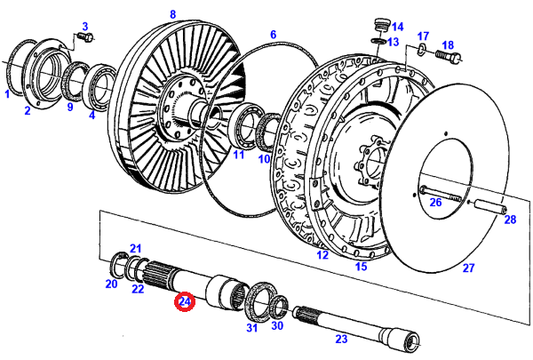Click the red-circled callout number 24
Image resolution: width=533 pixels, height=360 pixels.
[x=184, y=302]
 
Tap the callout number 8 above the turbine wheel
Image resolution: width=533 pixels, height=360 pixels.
[x=172, y=13]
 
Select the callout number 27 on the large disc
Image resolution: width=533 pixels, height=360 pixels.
[x=468, y=267]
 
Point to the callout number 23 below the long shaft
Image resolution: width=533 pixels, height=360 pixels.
[x=340, y=339]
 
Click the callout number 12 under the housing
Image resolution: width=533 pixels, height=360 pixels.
[x=322, y=255]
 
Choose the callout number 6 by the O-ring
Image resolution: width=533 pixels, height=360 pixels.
[x=274, y=36]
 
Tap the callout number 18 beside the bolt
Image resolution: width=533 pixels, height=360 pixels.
[x=448, y=45]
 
